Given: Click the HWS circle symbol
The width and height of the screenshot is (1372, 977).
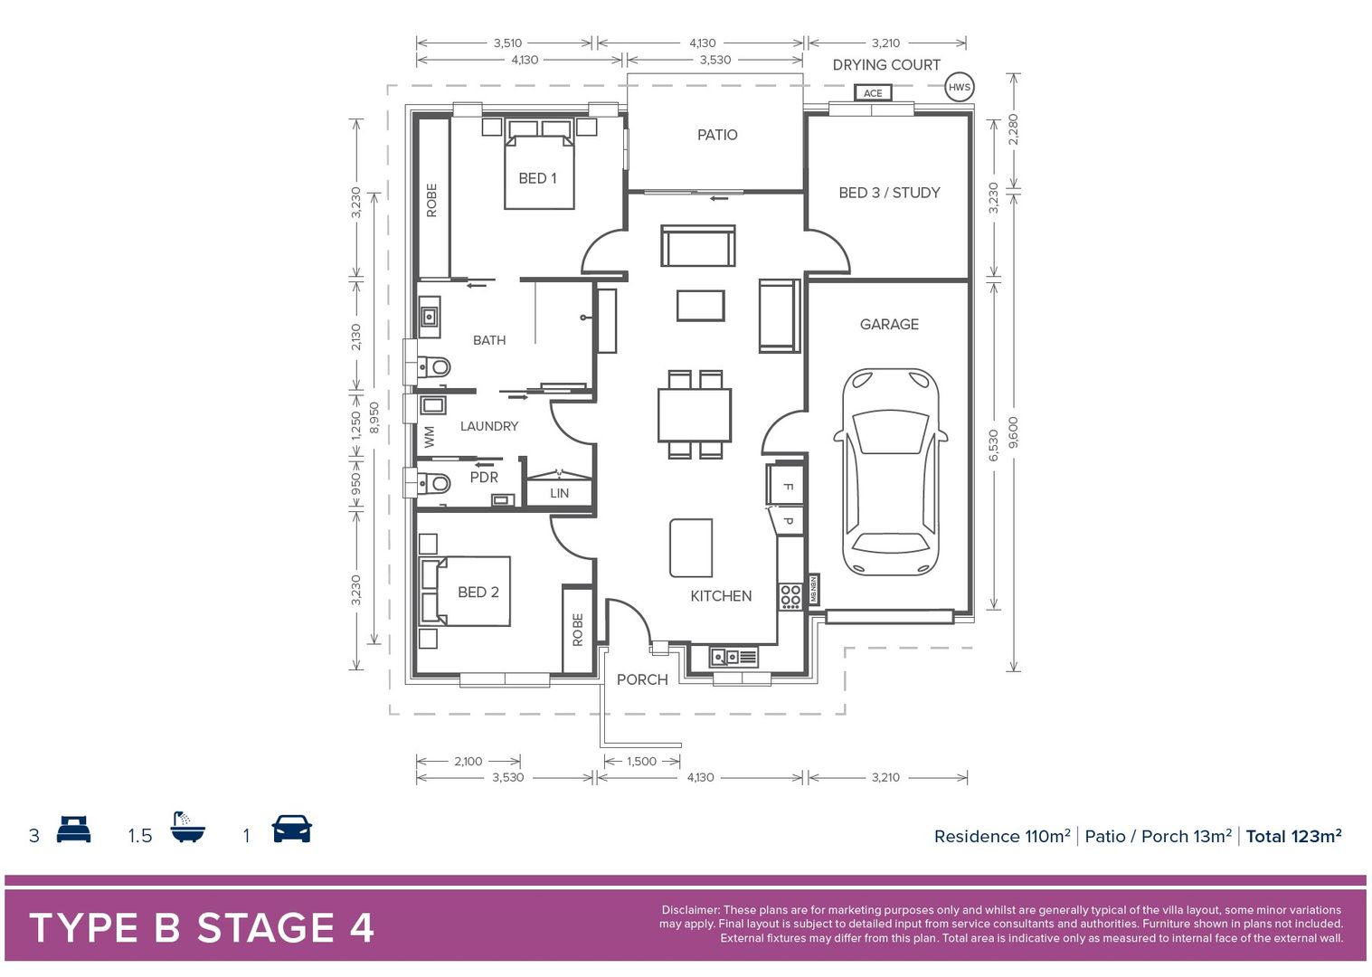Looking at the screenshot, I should point(959,88).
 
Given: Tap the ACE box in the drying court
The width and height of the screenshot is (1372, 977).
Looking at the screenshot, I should point(873,93).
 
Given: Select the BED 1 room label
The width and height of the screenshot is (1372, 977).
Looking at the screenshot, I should point(537,178).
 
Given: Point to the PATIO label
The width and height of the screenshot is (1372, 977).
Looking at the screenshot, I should point(717,135).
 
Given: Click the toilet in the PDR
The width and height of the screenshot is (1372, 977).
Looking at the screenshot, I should point(435,482).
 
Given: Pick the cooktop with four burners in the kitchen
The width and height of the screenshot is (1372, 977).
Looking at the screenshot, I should point(790,595).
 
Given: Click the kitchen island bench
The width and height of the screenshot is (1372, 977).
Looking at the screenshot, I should point(691,547).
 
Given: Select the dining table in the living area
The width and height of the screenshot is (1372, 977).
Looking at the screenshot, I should point(695,414).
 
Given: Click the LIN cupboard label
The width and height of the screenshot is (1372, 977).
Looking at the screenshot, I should point(560,493).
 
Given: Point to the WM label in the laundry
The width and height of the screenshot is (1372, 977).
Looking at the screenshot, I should point(430,437).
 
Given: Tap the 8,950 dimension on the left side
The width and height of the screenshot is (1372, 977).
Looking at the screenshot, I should point(374,418).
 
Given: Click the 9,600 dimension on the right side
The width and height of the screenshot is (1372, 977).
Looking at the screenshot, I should point(1013,432).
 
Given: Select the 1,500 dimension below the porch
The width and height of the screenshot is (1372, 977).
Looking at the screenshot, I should point(641,761).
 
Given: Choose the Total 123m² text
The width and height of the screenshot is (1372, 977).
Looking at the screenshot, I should point(1293,836).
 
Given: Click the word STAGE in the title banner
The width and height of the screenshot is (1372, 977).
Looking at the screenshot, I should point(266,928).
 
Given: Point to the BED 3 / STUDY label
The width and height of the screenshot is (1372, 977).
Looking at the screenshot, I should point(889,193).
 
